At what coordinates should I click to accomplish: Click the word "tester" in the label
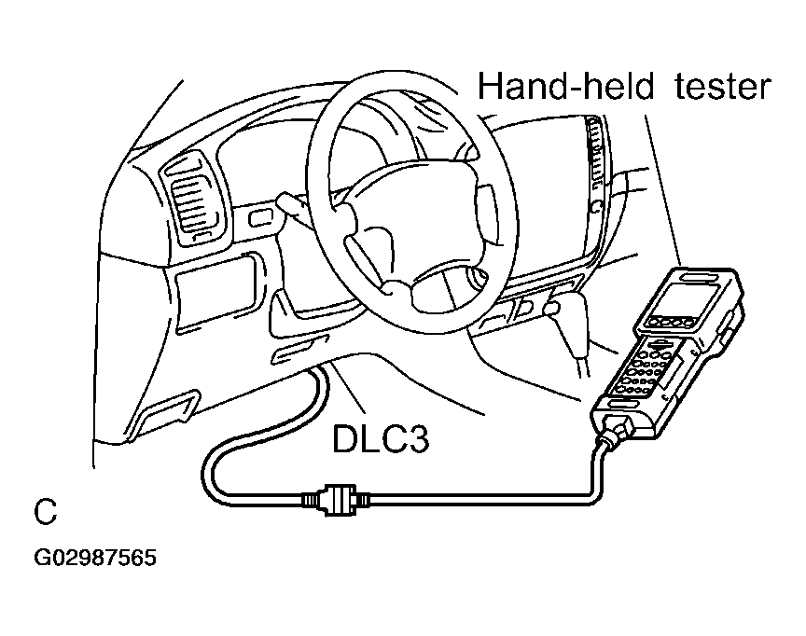(722, 87)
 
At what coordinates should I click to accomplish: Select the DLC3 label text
(381, 438)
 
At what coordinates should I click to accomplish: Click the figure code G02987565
(95, 558)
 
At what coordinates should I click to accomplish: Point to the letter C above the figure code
(45, 511)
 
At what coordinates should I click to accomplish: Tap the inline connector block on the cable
(336, 498)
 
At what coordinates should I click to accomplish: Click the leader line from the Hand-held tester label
(663, 190)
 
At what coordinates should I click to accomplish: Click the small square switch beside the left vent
(258, 218)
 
